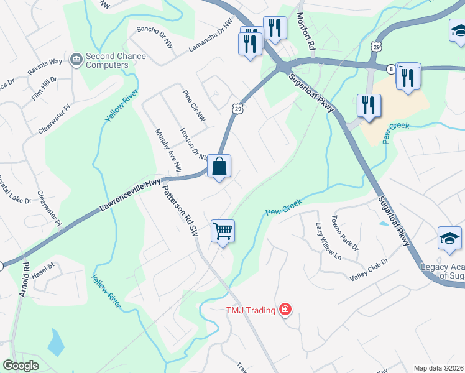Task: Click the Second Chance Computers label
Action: point(116,60)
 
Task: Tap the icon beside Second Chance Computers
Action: point(77,60)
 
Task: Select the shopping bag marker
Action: point(219,167)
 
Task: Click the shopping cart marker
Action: point(223,231)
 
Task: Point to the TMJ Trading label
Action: point(251,310)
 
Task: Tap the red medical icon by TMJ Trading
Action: point(285,309)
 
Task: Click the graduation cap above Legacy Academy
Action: point(450,239)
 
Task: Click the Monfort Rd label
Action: point(308,32)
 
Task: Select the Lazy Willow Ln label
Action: point(329,241)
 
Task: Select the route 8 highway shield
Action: point(390,68)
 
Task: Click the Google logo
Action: point(21,366)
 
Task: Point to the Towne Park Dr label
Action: point(346,233)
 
